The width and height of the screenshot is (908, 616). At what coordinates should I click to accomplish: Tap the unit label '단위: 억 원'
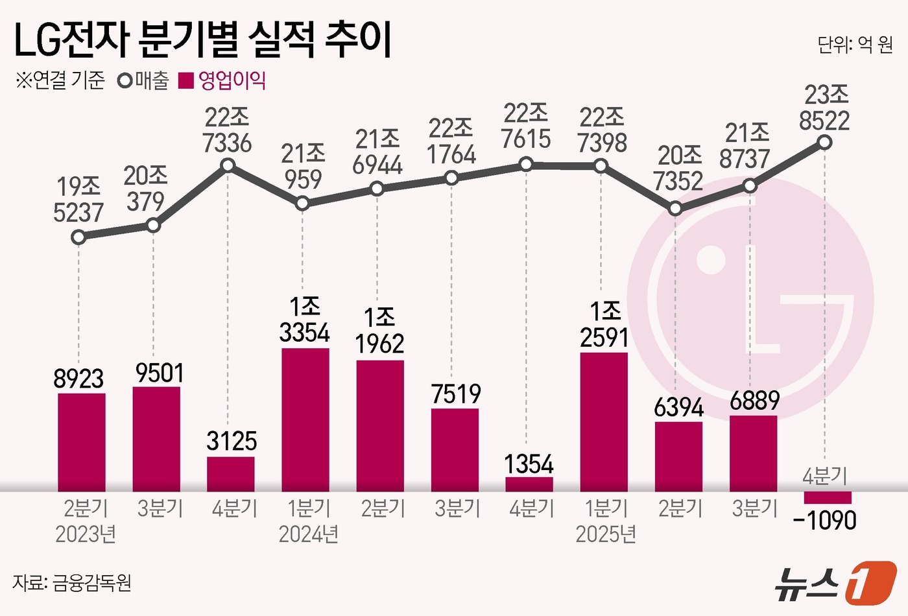(x=854, y=44)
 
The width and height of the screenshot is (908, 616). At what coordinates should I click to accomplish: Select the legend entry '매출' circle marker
(x=125, y=81)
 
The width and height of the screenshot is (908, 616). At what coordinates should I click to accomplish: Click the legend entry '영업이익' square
(x=187, y=81)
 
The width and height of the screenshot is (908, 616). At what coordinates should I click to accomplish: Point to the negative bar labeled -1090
(x=827, y=497)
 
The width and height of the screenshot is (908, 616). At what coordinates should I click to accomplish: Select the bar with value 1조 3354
(x=305, y=420)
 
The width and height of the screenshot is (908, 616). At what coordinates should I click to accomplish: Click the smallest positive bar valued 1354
(x=529, y=484)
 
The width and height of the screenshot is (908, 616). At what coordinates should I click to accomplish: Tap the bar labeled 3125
(x=231, y=474)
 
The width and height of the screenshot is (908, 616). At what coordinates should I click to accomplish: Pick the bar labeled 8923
(x=82, y=442)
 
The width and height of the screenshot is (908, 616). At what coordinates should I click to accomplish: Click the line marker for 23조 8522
(x=824, y=142)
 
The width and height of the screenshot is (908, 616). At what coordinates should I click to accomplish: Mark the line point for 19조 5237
(x=78, y=237)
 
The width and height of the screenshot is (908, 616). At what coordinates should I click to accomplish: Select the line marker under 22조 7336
(x=228, y=165)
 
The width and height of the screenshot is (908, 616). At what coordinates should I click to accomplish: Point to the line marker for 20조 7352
(x=675, y=208)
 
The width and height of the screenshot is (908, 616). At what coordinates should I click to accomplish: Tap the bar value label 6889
(x=754, y=401)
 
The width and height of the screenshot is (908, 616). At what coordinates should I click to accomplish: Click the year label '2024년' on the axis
(x=308, y=534)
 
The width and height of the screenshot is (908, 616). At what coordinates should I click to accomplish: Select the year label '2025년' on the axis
(x=605, y=534)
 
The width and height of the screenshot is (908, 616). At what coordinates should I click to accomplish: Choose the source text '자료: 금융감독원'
(x=72, y=582)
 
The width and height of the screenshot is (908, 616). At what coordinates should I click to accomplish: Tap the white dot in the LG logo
(x=711, y=259)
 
